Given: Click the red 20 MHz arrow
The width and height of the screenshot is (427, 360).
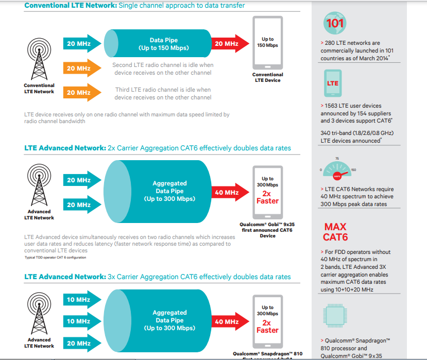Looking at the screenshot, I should [x=226, y=44].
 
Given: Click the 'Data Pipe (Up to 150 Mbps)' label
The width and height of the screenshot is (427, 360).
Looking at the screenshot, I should [x=163, y=44].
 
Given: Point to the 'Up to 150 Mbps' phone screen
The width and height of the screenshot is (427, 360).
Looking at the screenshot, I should [x=267, y=42].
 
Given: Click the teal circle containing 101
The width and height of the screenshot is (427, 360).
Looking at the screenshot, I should [x=335, y=23].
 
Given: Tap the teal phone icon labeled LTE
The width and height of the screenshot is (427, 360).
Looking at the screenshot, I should [x=333, y=83].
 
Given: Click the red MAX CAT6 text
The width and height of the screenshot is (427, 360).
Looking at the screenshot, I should [x=335, y=232].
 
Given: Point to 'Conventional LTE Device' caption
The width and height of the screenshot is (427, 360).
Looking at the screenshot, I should [x=267, y=78].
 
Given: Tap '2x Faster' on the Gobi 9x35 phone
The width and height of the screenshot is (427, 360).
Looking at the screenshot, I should [x=267, y=197].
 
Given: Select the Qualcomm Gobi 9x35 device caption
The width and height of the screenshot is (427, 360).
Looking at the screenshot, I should [x=267, y=230].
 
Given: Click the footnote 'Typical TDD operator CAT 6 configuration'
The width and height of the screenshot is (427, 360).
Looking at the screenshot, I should [x=55, y=257].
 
